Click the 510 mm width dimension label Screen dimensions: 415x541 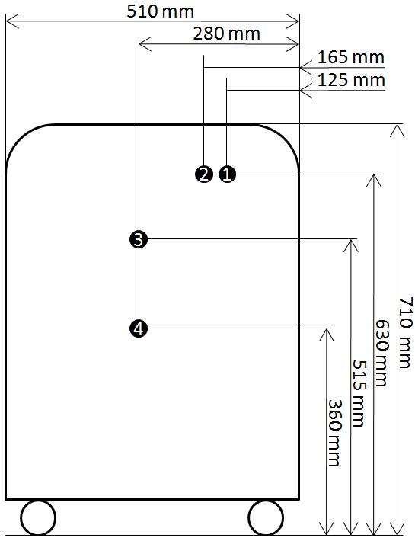[x=160, y=11]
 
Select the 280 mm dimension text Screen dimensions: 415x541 [x=226, y=34]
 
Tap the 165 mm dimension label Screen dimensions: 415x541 [x=350, y=57]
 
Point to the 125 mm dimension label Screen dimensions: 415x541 [x=350, y=80]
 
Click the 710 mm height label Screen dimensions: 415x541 [x=405, y=332]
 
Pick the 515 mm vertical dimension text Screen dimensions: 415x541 [x=359, y=393]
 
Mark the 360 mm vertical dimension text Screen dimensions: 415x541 [x=334, y=433]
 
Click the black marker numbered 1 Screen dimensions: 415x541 [x=227, y=174]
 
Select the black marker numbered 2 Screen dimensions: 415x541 [x=204, y=174]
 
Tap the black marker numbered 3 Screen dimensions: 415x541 [x=139, y=239]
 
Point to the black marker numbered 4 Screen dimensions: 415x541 [x=139, y=328]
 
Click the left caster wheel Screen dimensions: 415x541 [x=38, y=517]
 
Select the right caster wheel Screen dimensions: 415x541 [x=266, y=517]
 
